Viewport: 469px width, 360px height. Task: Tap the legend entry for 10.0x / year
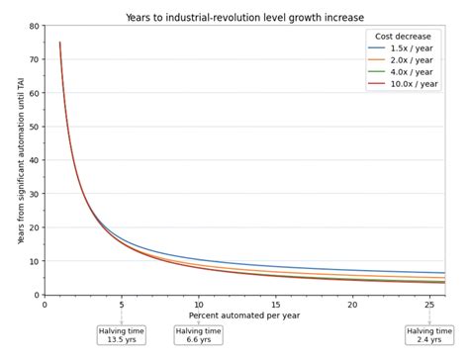coord(411,84)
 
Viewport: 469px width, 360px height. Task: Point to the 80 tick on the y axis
coord(36,26)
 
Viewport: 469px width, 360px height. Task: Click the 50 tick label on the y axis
coord(36,127)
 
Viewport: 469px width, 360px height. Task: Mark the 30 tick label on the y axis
coord(36,194)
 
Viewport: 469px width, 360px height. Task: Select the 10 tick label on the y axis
coord(36,261)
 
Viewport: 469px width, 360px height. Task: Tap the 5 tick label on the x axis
coord(122,304)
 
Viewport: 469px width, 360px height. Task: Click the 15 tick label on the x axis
coord(276,304)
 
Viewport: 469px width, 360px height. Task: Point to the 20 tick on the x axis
coord(353,304)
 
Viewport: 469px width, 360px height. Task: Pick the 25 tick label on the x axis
coord(429,304)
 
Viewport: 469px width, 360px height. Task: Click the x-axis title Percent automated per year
coord(244,315)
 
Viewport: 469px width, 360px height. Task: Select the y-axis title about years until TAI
coord(21,160)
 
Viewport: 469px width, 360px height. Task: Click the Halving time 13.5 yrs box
coord(122,335)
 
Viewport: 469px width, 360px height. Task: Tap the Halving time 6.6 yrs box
coord(199,335)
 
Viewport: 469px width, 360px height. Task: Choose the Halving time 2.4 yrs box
coord(429,335)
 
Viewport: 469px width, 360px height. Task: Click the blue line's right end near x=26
coord(443,273)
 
